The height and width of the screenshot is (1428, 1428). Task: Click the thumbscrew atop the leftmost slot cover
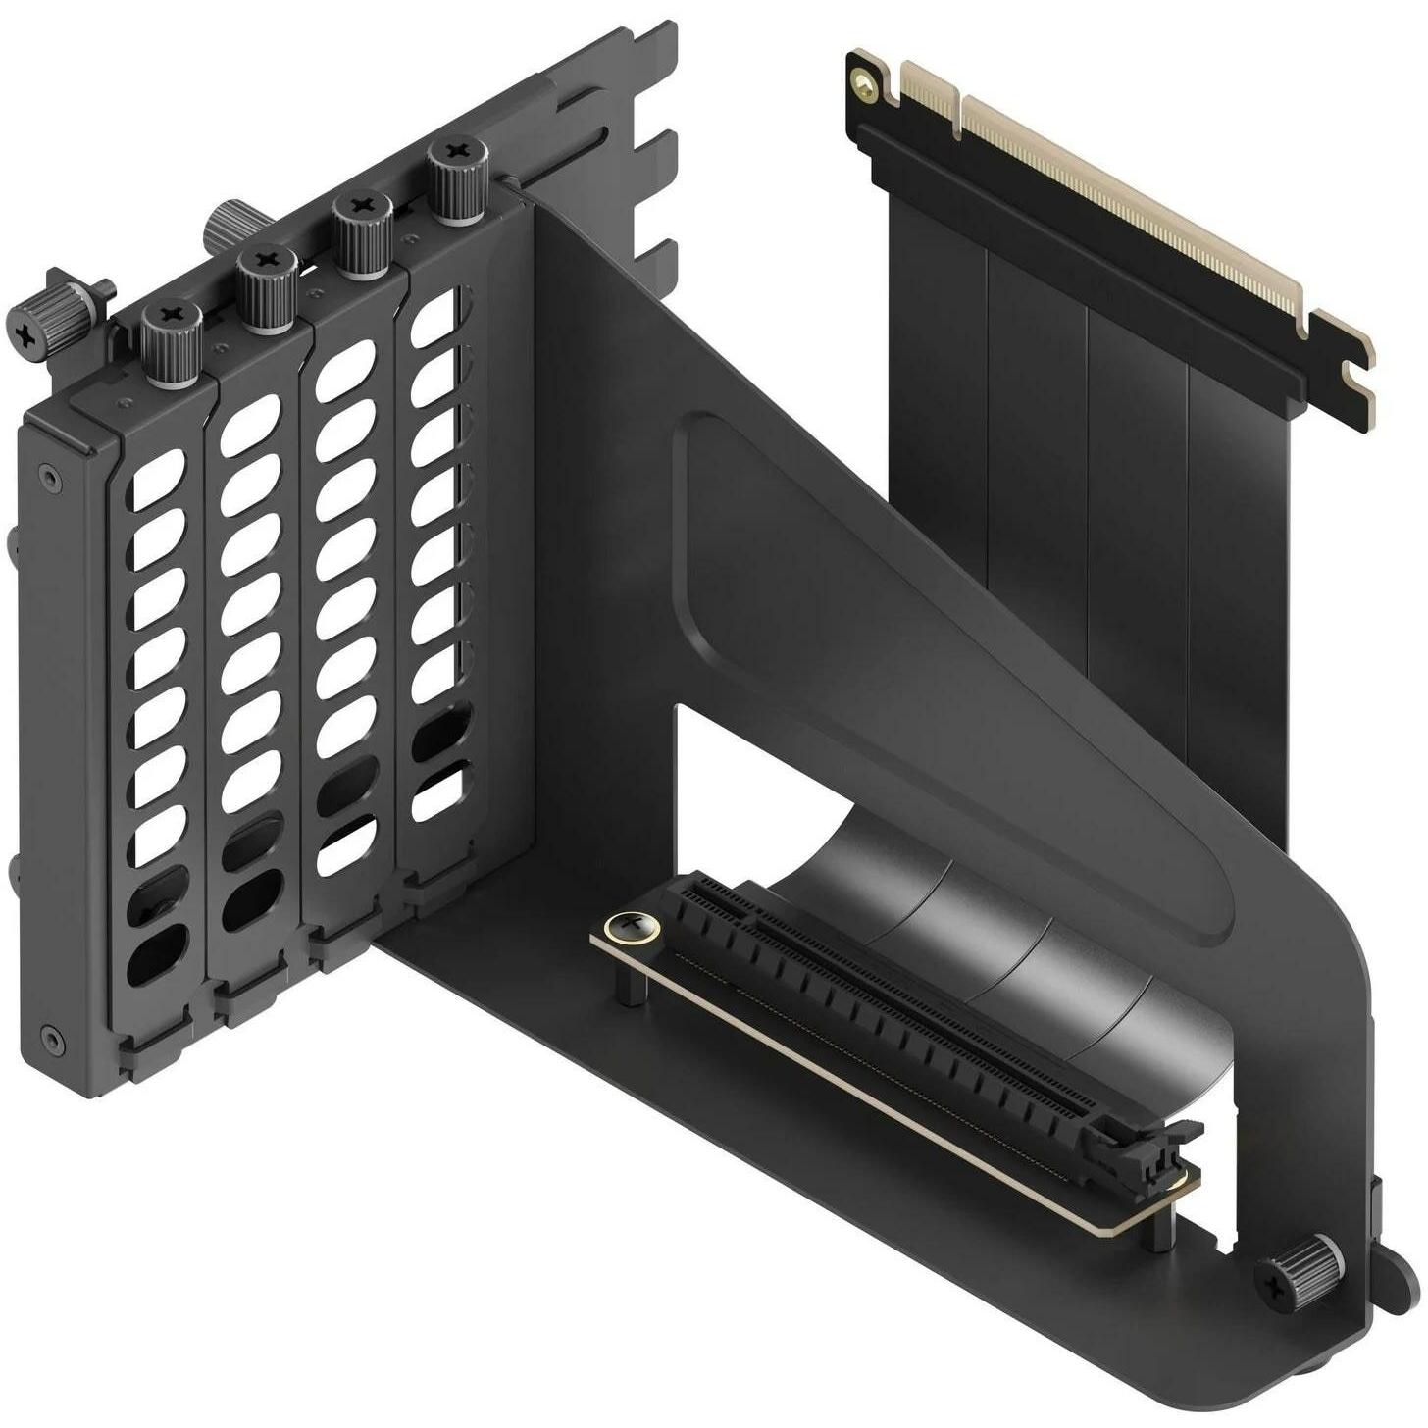(x=173, y=331)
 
